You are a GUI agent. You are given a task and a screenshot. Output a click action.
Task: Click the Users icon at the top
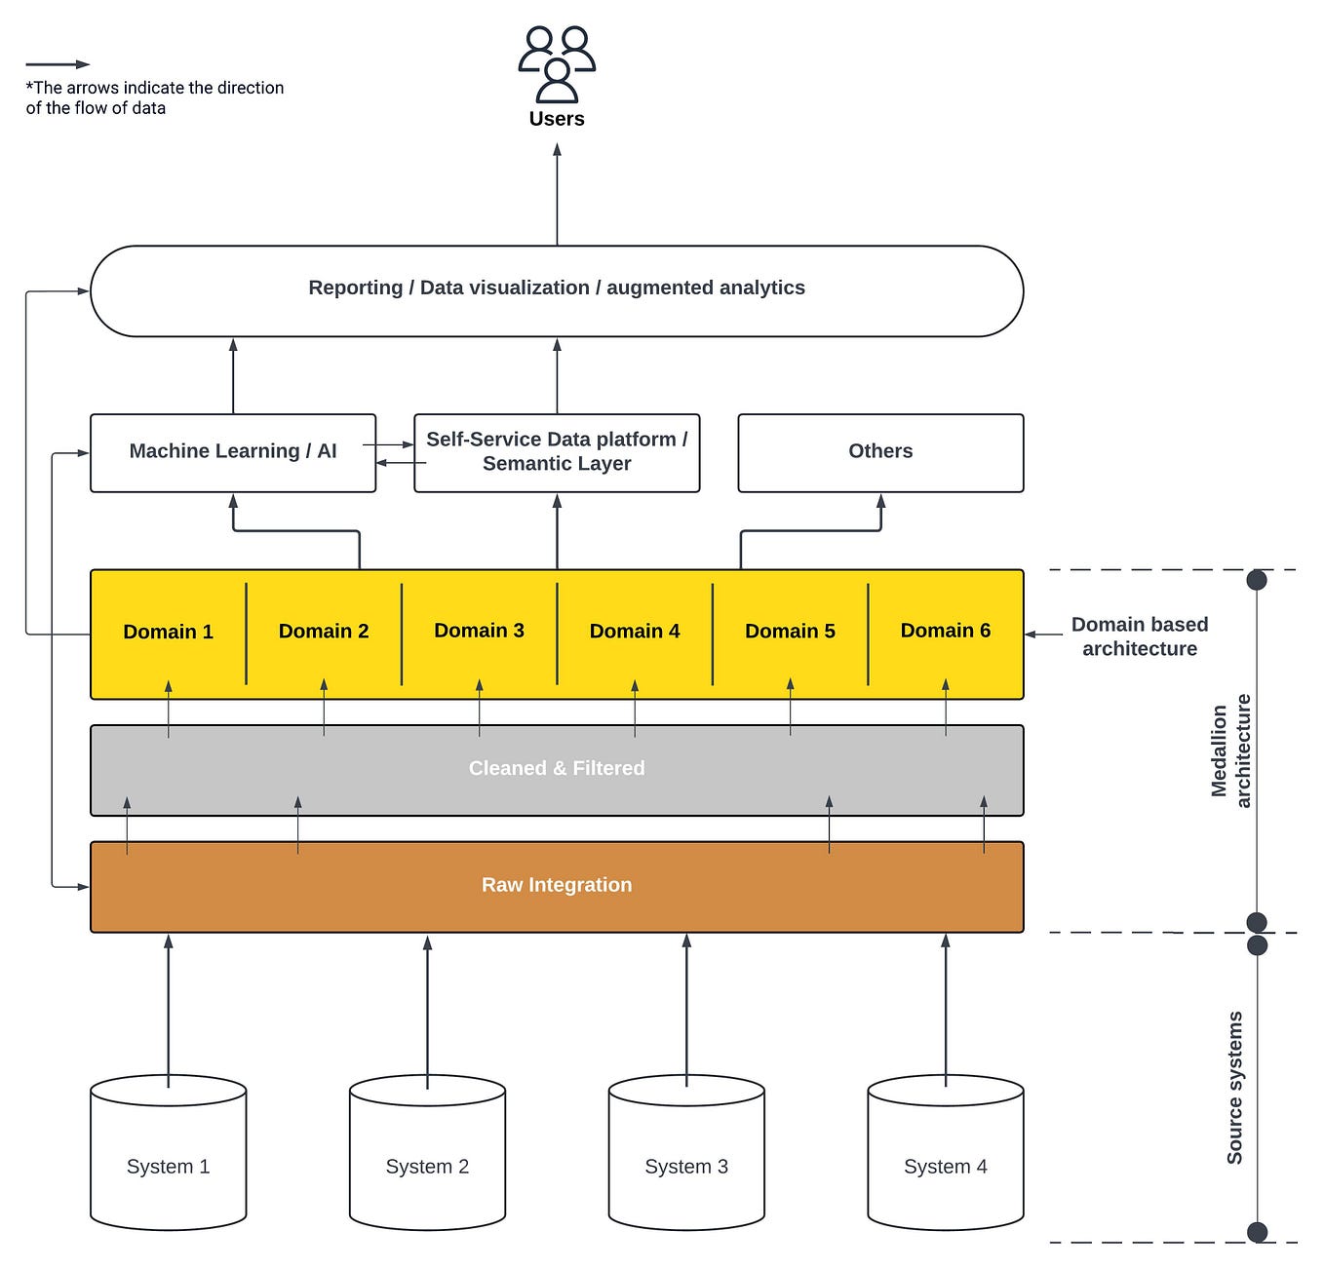tap(557, 64)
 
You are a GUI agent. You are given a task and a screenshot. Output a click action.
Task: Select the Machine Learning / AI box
tap(232, 451)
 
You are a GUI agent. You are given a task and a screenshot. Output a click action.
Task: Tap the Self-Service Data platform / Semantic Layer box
tap(557, 452)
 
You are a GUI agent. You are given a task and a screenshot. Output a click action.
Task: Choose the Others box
tap(880, 451)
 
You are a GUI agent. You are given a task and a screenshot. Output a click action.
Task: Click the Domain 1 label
tap(168, 632)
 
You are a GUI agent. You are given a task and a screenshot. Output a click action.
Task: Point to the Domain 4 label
tap(635, 632)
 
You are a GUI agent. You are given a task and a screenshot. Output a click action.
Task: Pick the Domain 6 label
tap(945, 631)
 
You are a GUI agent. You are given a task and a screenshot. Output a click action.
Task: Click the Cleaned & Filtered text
tap(557, 768)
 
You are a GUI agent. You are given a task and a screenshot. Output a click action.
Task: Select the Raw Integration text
tap(557, 885)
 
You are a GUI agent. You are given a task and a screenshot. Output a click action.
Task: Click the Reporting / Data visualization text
tap(557, 288)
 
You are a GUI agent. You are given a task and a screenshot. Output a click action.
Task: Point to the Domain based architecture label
tap(1139, 636)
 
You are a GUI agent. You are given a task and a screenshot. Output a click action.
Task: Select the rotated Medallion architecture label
tap(1230, 750)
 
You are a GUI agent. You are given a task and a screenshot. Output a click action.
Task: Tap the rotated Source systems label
tap(1234, 1088)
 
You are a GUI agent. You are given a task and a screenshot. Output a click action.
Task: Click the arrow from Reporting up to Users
tap(557, 195)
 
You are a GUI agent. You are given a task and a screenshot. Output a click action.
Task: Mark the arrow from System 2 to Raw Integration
tap(427, 1004)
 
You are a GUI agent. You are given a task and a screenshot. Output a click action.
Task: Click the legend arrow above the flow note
tap(58, 64)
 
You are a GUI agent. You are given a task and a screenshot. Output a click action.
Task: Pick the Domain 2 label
tap(324, 632)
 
